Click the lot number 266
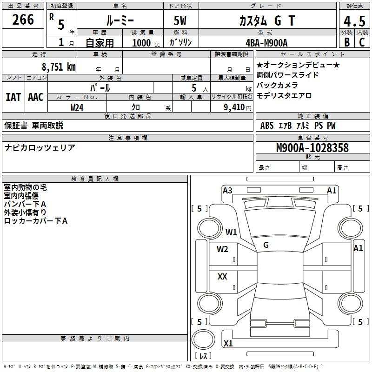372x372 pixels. point(23,20)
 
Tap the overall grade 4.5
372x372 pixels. point(354,21)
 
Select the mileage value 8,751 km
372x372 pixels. point(59,66)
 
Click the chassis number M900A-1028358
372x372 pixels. point(312,148)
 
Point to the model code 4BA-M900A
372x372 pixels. point(266,43)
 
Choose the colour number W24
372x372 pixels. point(77,107)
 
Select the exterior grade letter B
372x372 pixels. point(347,42)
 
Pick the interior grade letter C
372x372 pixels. point(362,42)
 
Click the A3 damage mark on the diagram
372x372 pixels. point(227,191)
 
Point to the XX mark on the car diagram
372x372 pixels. point(222,276)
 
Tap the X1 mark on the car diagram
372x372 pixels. point(228,343)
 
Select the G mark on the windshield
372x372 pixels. point(266,245)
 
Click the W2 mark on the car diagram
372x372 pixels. point(222,249)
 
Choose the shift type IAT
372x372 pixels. point(13,97)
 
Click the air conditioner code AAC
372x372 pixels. point(36,97)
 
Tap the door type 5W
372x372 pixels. point(180,20)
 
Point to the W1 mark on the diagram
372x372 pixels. point(231,232)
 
